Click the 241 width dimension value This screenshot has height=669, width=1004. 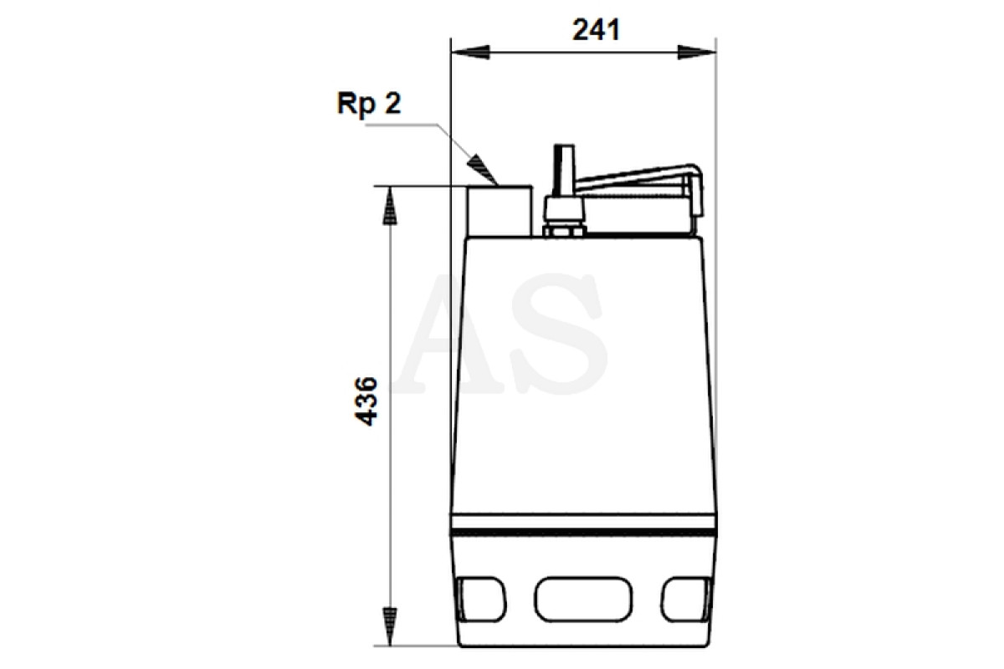coord(596,30)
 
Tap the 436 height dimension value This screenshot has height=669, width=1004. coord(366,401)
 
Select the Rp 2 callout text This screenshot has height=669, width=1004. coord(369,104)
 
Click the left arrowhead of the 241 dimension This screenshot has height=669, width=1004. coord(470,52)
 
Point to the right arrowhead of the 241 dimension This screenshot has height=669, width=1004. coord(696,52)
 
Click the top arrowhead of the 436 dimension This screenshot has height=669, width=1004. coord(390,205)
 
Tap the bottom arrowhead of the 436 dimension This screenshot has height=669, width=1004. coord(390,626)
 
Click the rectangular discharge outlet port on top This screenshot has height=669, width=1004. coord(499,211)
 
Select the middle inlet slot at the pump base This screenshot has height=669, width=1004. coord(583,599)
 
